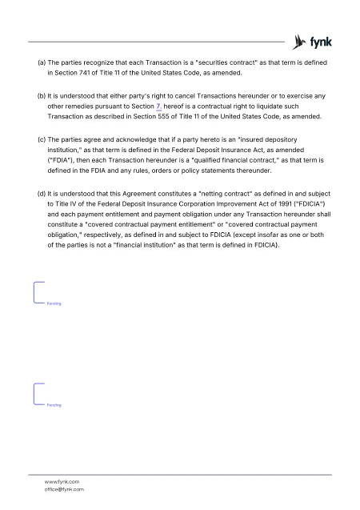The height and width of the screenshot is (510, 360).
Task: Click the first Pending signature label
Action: [x=54, y=305]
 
